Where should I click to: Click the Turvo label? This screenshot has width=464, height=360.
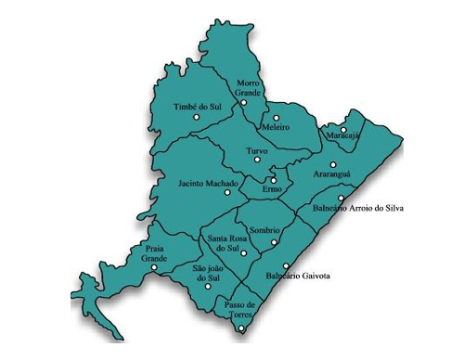click(257, 149)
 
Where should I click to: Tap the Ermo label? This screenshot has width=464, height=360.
click(272, 188)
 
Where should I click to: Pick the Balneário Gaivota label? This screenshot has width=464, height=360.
click(298, 276)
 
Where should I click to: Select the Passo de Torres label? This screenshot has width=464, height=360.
click(238, 309)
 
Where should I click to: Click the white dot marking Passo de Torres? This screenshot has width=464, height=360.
click(241, 327)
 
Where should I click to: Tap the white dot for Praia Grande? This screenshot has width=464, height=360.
click(154, 267)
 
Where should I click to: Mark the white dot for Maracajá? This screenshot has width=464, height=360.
click(343, 129)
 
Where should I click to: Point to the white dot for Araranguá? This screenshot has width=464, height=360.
click(333, 164)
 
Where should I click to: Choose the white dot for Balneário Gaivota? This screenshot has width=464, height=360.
click(286, 265)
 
